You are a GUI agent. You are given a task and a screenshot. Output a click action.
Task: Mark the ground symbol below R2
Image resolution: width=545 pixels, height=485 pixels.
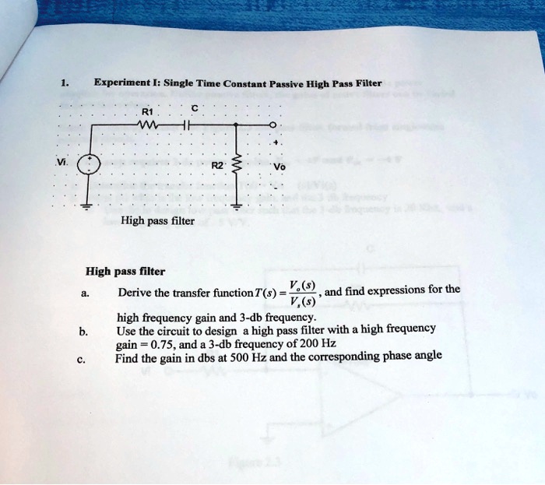(237, 207)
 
